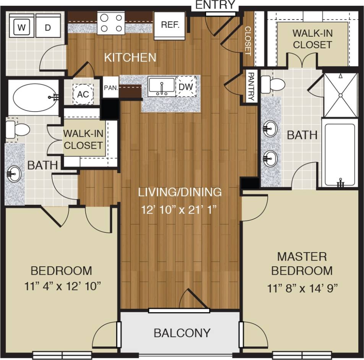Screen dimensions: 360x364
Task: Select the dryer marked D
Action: coord(48,27)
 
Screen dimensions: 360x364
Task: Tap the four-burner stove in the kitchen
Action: coord(111,23)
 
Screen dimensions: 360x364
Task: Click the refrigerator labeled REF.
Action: coord(170,25)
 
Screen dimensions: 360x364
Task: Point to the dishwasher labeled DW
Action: coord(186,87)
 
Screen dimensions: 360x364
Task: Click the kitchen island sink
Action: coord(162,87)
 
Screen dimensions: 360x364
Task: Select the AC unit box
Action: coord(83,94)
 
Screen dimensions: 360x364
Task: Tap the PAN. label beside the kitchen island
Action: coord(111,87)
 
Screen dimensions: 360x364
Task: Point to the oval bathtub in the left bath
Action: coord(33,97)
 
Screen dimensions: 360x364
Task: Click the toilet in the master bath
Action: coord(273,83)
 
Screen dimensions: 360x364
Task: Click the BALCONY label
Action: coord(182,333)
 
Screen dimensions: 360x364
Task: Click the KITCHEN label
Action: coord(130,58)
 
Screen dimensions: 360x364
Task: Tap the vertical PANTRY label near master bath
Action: coord(250,87)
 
